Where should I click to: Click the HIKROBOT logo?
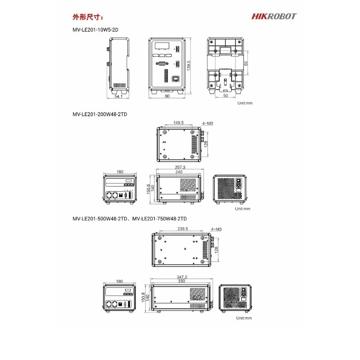pyautogui.click(x=274, y=17)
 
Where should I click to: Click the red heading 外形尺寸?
pyautogui.click(x=88, y=17)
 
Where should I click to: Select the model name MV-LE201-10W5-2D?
pyautogui.click(x=95, y=30)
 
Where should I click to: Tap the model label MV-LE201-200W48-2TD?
pyautogui.click(x=99, y=114)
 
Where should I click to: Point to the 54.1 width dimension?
pyautogui.click(x=118, y=96)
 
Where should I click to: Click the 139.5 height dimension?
pyautogui.click(x=189, y=65)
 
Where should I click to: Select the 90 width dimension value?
pyautogui.click(x=167, y=96)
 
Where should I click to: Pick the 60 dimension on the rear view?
pyautogui.click(x=246, y=63)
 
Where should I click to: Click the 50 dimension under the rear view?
pyautogui.click(x=225, y=95)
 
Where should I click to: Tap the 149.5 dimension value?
pyautogui.click(x=178, y=123)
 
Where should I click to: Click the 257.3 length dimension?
pyautogui.click(x=180, y=167)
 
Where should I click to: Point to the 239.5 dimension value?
pyautogui.click(x=183, y=229)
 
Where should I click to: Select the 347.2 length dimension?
pyautogui.click(x=182, y=277)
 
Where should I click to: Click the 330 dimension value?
pyautogui.click(x=181, y=281)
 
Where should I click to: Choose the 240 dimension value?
pyautogui.click(x=179, y=172)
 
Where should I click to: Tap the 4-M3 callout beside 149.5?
pyautogui.click(x=207, y=123)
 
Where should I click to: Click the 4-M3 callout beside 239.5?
pyautogui.click(x=216, y=229)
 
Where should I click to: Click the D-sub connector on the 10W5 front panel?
pyautogui.click(x=162, y=63)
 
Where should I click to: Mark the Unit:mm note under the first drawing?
pyautogui.click(x=245, y=103)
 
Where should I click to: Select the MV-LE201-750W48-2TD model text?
pyautogui.click(x=160, y=219)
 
